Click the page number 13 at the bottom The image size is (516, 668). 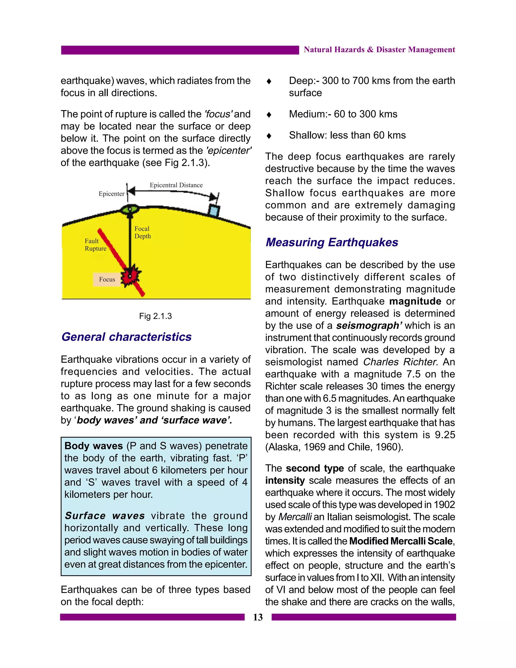[258, 617]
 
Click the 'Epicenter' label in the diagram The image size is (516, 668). [111, 194]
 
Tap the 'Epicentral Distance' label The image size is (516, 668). [176, 185]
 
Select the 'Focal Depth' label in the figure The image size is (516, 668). [142, 232]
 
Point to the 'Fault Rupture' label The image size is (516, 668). [95, 245]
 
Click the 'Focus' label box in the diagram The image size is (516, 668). [107, 279]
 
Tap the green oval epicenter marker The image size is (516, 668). [130, 209]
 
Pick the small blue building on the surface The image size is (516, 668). [214, 210]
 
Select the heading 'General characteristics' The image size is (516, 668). [126, 337]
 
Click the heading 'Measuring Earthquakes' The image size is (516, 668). [332, 242]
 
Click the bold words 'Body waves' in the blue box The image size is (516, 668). [93, 446]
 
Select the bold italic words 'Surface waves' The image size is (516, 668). [105, 516]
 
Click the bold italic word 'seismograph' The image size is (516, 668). [368, 325]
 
